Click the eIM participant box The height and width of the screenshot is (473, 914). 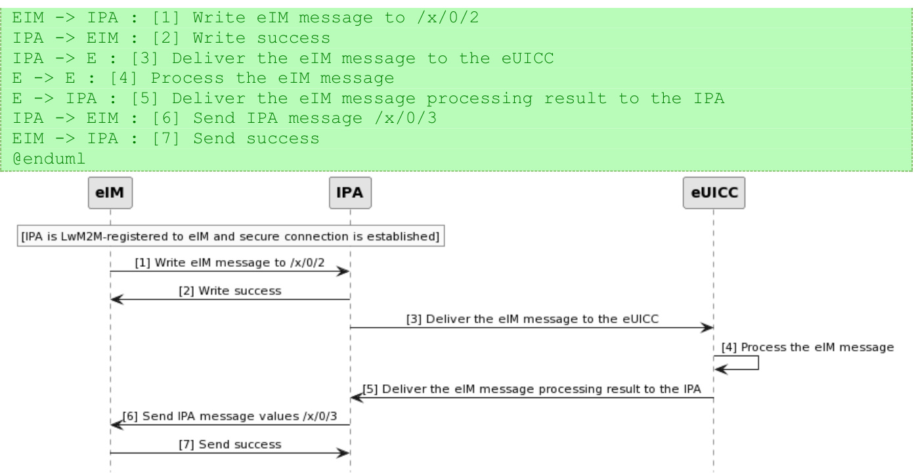(110, 194)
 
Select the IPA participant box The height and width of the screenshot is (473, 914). (350, 194)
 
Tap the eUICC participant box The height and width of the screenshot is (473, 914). (713, 194)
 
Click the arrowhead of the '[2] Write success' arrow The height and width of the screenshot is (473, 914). (116, 299)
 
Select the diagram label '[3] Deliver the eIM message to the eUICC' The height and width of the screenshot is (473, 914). (532, 319)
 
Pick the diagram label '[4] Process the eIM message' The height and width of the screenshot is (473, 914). (808, 348)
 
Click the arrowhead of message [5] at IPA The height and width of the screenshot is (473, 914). (357, 397)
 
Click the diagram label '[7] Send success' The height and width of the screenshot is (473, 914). (230, 444)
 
